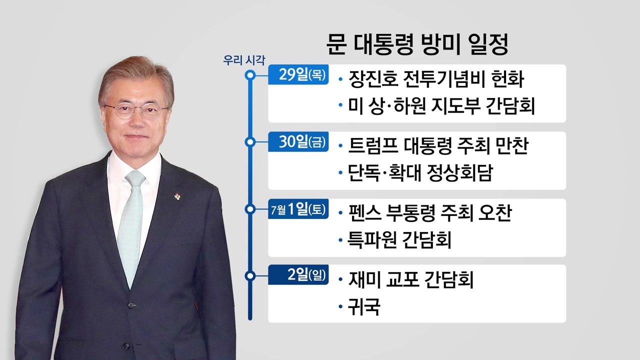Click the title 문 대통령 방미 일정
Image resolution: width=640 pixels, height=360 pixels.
tap(417, 45)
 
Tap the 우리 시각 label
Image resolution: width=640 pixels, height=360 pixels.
tap(244, 60)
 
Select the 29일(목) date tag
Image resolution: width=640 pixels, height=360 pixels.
tap(298, 74)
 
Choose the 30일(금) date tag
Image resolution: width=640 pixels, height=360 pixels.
tap(298, 141)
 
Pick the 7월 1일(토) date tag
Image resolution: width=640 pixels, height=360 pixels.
tap(298, 209)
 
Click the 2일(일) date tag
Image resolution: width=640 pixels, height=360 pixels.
tap(298, 275)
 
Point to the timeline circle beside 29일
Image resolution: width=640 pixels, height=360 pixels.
tap(250, 75)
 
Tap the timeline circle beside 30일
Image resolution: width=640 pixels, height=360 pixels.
tap(250, 142)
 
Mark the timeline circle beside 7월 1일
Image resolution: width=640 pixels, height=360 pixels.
tap(250, 209)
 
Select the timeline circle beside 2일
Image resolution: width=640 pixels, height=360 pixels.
tap(250, 276)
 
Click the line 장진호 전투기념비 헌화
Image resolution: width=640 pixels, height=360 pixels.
tap(436, 79)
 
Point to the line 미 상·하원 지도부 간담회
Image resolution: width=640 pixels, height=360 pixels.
tap(441, 105)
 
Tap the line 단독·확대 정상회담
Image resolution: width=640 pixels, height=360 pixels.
tap(420, 172)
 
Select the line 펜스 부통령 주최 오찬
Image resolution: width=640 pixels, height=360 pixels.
tap(429, 213)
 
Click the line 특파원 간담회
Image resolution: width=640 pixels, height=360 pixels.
tap(399, 239)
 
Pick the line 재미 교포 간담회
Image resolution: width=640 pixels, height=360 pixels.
tap(411, 279)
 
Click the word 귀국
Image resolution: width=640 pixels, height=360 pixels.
tap(363, 306)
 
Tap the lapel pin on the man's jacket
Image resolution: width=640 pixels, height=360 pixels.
tap(177, 196)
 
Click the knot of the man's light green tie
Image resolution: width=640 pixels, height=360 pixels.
tap(135, 179)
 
